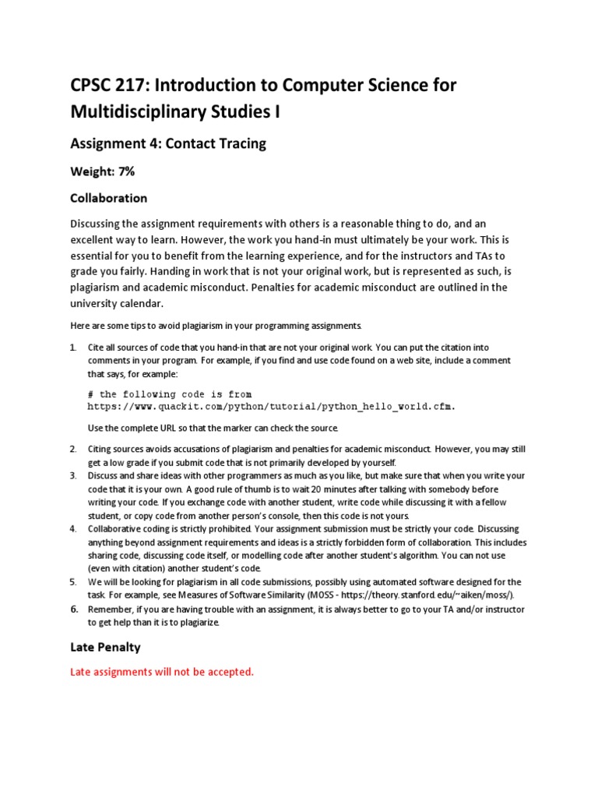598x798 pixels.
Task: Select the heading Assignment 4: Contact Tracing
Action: (x=168, y=143)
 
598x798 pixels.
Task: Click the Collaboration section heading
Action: (x=108, y=198)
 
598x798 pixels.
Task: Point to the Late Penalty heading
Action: (x=105, y=647)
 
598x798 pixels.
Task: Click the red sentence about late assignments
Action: (x=162, y=672)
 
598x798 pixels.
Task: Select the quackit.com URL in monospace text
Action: (x=270, y=407)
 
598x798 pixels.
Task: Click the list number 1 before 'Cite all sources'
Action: (x=73, y=348)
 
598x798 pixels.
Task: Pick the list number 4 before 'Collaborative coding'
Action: (x=73, y=529)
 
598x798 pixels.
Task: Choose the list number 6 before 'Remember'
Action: (x=73, y=609)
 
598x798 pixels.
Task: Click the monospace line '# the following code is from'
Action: (x=169, y=394)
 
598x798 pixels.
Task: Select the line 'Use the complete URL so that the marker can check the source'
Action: (x=213, y=429)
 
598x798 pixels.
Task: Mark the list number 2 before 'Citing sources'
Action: (x=73, y=450)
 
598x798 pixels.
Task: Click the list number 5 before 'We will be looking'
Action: (x=73, y=582)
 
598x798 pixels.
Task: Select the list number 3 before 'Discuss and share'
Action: (x=73, y=475)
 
